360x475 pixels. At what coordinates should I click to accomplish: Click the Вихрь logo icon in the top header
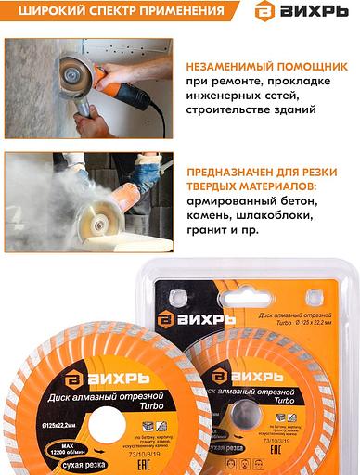pos(265,13)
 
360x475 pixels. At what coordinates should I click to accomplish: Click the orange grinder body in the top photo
pos(116,85)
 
